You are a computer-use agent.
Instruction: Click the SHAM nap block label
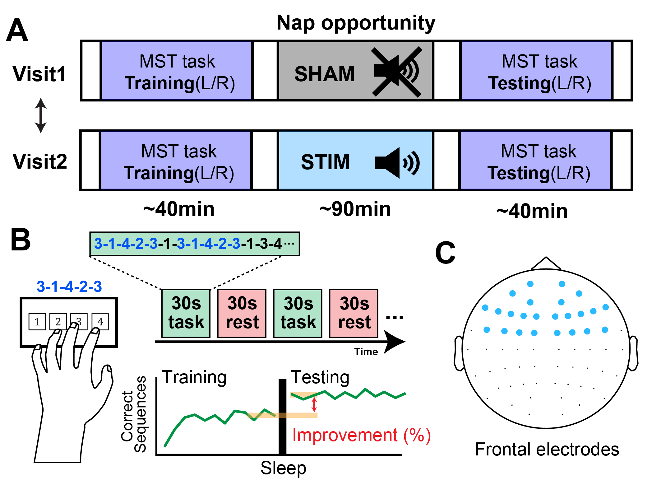(324, 74)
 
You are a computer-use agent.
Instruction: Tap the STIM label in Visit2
(325, 162)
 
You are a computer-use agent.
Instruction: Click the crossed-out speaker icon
(397, 72)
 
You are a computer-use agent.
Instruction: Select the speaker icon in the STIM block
(397, 163)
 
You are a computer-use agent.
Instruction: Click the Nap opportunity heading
(356, 23)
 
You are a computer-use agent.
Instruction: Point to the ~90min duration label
(355, 209)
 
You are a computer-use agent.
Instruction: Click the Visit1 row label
(39, 74)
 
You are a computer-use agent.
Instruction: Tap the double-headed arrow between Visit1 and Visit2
(41, 115)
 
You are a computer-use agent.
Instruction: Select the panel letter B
(21, 240)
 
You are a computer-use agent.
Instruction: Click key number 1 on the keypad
(37, 322)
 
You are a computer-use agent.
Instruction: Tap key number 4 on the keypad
(100, 322)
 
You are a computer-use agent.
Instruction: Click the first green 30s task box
(186, 313)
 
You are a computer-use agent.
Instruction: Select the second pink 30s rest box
(354, 313)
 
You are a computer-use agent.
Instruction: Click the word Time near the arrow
(366, 352)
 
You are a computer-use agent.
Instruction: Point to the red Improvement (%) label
(361, 435)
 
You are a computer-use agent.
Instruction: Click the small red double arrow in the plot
(314, 404)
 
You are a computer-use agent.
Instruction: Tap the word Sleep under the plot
(283, 468)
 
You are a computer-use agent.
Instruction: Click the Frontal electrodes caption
(547, 450)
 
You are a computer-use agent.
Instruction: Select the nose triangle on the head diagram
(546, 264)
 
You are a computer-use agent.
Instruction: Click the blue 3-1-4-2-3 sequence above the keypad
(69, 287)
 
